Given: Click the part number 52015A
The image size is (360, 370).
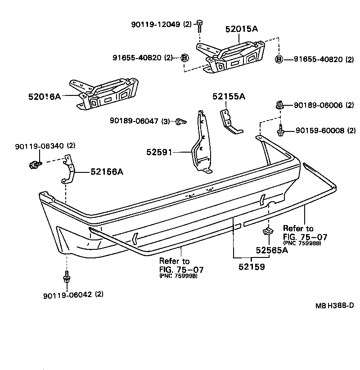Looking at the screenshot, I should [241, 29].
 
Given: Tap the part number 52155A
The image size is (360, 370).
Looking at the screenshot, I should [229, 96].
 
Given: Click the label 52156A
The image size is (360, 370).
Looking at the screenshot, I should [107, 171].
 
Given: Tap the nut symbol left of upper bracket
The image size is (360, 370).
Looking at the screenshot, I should [184, 58].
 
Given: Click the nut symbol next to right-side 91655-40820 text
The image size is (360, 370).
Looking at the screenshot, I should [279, 59].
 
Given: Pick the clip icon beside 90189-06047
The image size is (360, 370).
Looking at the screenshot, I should [181, 121].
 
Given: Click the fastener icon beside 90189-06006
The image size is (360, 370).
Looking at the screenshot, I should [279, 106].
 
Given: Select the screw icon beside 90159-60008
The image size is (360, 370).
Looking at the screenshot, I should [280, 131].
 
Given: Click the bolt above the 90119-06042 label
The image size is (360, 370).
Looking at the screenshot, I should [67, 276].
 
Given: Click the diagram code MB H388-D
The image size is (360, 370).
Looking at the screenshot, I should [334, 305].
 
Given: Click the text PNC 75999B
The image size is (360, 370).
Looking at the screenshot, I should [178, 276].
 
